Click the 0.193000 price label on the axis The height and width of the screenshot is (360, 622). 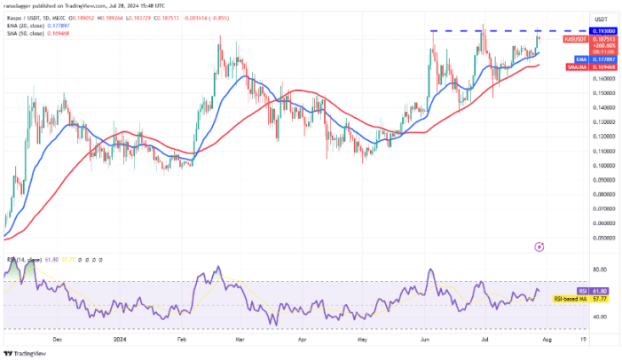point(578,31)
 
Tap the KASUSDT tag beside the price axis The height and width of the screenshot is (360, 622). point(574,39)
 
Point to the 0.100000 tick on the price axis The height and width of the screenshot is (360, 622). point(580,165)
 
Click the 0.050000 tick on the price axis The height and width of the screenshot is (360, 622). point(580,238)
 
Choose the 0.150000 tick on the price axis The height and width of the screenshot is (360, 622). point(580,92)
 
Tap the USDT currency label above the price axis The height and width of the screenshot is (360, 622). point(575,18)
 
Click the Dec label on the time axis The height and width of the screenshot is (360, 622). point(59,338)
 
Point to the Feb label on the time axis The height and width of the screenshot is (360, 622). point(182,338)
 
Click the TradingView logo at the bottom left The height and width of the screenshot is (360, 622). point(27,352)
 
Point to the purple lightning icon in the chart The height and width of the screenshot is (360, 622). point(539,245)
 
